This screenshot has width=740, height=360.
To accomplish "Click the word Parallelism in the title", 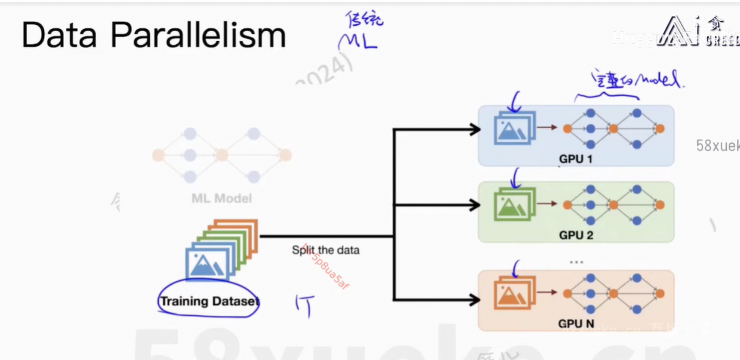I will tap(198, 36).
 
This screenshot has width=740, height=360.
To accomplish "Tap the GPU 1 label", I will tap(575, 159).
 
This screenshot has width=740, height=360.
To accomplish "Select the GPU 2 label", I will tap(575, 235).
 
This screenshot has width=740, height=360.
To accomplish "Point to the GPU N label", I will tap(575, 323).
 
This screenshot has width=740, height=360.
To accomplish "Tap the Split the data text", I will tap(326, 251).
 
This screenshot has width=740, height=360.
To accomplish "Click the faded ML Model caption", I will tap(221, 198).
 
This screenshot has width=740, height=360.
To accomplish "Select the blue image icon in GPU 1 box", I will tap(514, 128).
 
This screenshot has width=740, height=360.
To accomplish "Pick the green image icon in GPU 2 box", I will tap(515, 204).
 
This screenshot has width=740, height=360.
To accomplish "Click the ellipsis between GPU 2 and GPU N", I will tap(577, 262).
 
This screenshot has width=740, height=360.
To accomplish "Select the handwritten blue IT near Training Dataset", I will tap(304, 305).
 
